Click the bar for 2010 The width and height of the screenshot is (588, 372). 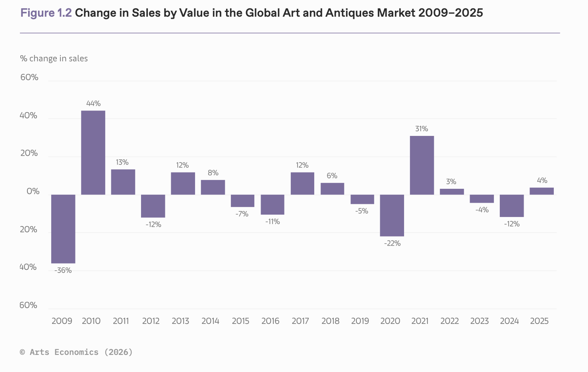tap(93, 153)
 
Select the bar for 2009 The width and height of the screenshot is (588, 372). tap(63, 229)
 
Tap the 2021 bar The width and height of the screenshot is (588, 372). tap(422, 165)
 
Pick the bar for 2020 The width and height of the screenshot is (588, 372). tap(392, 215)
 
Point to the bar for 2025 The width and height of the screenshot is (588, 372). tap(542, 191)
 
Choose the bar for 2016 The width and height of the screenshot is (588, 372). tap(272, 205)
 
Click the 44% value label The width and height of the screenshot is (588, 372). tap(93, 104)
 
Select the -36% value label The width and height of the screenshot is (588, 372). tap(63, 271)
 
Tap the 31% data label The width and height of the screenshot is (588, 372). tap(422, 129)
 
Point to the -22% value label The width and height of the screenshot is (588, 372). tap(392, 244)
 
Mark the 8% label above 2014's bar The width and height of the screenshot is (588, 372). tap(213, 173)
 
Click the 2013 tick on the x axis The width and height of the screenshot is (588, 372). tap(180, 321)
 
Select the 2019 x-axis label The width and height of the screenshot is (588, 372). tap(360, 321)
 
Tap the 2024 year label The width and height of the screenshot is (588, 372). tap(509, 321)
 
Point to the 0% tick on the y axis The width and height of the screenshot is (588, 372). tap(33, 192)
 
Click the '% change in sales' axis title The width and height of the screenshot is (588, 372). tap(54, 58)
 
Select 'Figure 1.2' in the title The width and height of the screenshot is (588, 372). tap(46, 13)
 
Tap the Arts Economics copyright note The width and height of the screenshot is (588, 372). tap(76, 352)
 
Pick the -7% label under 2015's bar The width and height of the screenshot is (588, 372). tap(242, 214)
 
